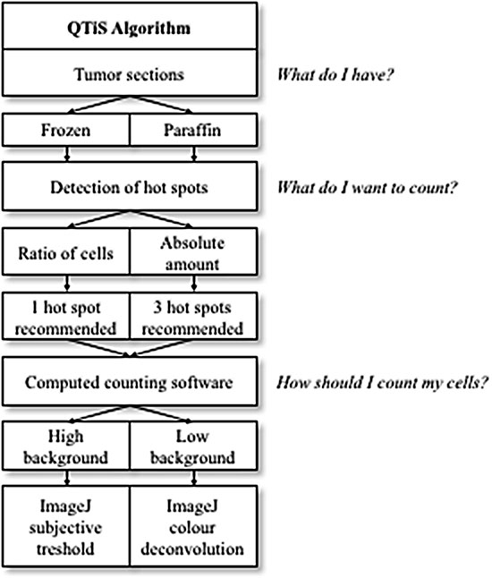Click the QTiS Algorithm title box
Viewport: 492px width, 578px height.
[x=130, y=26]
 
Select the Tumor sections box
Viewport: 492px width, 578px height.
[x=130, y=73]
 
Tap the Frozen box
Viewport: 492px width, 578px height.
[x=66, y=130]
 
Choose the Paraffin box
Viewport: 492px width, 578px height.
[x=193, y=130]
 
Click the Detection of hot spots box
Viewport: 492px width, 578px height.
[x=130, y=186]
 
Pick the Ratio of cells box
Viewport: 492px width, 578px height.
[x=66, y=251]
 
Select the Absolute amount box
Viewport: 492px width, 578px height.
[x=193, y=251]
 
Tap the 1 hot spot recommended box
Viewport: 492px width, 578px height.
[x=66, y=316]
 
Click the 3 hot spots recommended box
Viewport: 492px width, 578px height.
[x=193, y=316]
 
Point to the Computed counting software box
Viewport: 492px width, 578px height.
[x=130, y=381]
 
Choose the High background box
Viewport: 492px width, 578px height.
[x=66, y=446]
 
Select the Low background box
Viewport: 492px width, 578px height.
[x=193, y=446]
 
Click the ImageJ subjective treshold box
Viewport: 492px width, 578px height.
[x=66, y=526]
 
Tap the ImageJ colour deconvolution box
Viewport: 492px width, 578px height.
[x=193, y=526]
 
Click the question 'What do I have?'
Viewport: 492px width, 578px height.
[x=335, y=75]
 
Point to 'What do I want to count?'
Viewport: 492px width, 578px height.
[x=367, y=188]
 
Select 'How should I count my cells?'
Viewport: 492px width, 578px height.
[x=383, y=383]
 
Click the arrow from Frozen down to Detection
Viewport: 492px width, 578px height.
[x=67, y=154]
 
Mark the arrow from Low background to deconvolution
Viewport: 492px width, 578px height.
[x=194, y=478]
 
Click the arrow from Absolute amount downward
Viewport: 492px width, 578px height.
[x=194, y=284]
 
